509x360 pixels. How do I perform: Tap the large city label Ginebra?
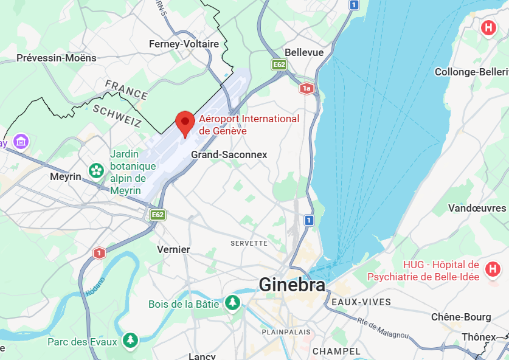292,285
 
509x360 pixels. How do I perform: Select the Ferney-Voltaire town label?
184,44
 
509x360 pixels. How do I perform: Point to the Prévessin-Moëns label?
56,58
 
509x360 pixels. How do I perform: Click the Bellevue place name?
304,52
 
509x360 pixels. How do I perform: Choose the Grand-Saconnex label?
229,154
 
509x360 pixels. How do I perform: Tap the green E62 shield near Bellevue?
279,64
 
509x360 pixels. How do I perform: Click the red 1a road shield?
306,89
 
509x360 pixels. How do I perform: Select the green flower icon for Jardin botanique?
96,170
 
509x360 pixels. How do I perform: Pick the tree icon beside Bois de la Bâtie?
232,302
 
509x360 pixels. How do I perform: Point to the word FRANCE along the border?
126,89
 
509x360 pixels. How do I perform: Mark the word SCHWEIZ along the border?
117,116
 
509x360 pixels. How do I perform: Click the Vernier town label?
173,249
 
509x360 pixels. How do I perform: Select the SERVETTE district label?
249,243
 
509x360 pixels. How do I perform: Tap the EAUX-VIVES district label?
361,302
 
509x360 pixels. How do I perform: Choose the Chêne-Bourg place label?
460,317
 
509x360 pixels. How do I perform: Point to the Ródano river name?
94,287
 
